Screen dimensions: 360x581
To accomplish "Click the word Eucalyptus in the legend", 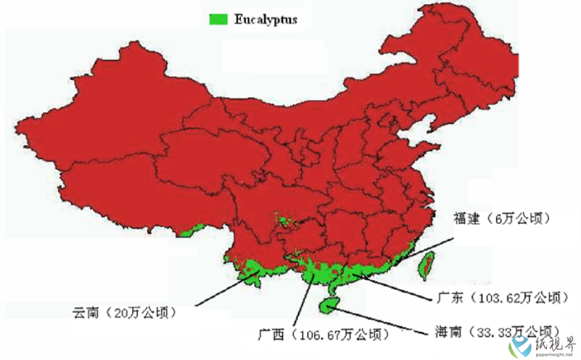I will pyautogui.click(x=266, y=20).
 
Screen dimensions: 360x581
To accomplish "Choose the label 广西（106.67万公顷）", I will pyautogui.click(x=323, y=335).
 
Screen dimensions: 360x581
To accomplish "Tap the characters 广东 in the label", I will pyautogui.click(x=448, y=298).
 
